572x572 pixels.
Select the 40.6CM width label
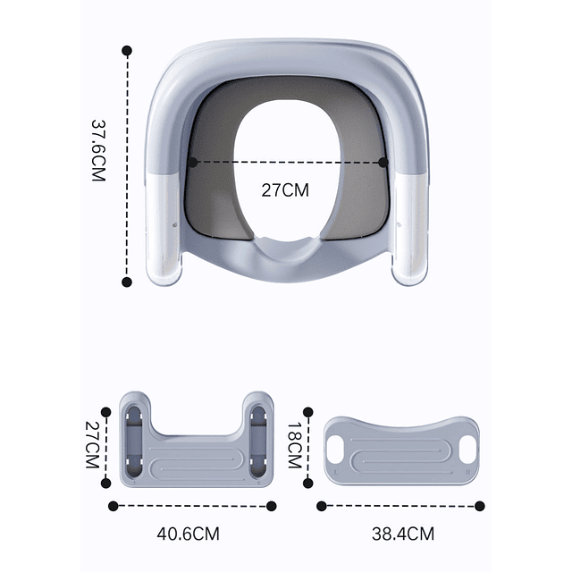pyautogui.click(x=188, y=534)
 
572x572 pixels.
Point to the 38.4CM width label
pyautogui.click(x=403, y=534)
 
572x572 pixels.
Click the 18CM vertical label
pyautogui.click(x=292, y=447)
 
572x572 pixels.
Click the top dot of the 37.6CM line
pyautogui.click(x=128, y=52)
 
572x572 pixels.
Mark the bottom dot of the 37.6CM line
pyautogui.click(x=127, y=282)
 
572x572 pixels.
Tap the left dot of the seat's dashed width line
pyautogui.click(x=192, y=163)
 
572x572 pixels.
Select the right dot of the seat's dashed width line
pyautogui.click(x=383, y=163)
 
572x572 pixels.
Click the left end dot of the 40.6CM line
pyautogui.click(x=113, y=506)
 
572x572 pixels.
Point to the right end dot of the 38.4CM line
pyautogui.click(x=479, y=506)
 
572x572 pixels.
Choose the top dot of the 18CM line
pyautogui.click(x=309, y=412)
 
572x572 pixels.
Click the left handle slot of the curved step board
pyautogui.click(x=335, y=452)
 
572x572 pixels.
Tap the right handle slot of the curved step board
pyautogui.click(x=466, y=452)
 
